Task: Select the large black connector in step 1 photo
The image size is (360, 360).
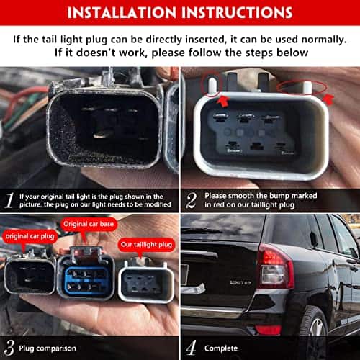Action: coord(105,122)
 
